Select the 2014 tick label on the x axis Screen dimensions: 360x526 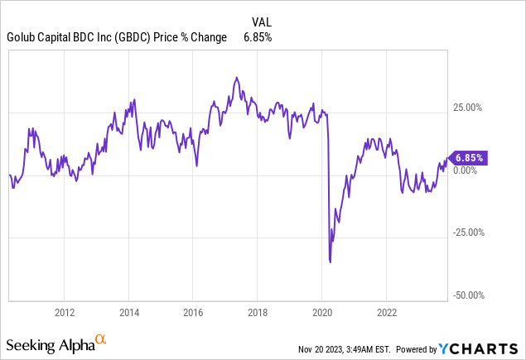[128, 312]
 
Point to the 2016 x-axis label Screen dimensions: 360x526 [192, 312]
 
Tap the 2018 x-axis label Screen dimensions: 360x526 [257, 312]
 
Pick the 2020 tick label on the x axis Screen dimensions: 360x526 [321, 312]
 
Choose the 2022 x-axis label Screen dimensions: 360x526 [386, 312]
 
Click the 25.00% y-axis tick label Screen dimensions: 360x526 [470, 108]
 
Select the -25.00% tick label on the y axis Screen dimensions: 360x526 [468, 232]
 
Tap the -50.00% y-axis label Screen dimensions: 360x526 [468, 295]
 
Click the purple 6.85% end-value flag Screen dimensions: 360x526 [468, 157]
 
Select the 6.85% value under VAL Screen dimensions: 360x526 [257, 37]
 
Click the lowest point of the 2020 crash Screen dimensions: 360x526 [331, 262]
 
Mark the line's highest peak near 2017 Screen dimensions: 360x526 [237, 78]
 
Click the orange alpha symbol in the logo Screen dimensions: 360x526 [100, 338]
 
